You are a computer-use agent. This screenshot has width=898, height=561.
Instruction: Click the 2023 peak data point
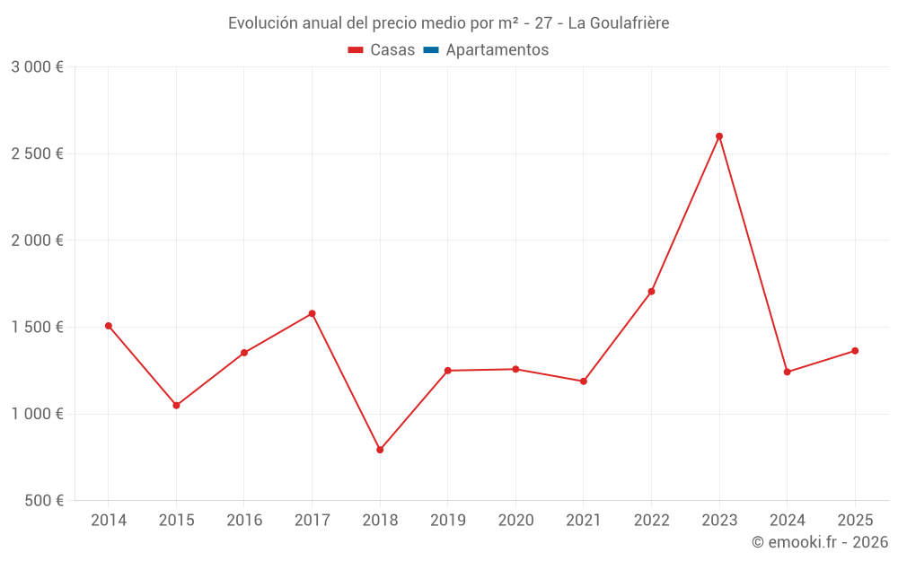[719, 136]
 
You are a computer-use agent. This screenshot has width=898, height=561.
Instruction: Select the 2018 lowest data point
[380, 450]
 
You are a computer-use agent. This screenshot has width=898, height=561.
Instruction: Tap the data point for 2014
[109, 326]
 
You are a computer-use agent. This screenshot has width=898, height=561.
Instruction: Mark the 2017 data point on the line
[312, 313]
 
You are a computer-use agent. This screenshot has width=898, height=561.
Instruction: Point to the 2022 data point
[651, 292]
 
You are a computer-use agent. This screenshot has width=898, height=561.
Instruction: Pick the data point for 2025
[855, 351]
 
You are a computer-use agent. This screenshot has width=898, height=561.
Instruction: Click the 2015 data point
[176, 406]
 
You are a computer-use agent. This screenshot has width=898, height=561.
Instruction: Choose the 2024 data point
[788, 372]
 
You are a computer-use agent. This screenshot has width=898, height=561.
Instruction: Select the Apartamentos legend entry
[497, 50]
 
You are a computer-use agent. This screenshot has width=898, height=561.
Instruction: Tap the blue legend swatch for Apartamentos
[430, 50]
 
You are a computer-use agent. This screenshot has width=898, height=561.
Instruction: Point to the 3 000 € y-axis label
[38, 67]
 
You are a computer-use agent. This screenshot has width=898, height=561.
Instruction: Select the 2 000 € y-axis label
[38, 241]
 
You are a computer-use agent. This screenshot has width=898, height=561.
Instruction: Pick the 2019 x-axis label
[448, 521]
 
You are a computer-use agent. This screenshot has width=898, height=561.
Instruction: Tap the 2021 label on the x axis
[584, 521]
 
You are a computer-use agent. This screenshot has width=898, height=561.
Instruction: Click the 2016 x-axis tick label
[244, 521]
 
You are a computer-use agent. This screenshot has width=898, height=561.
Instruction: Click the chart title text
[448, 22]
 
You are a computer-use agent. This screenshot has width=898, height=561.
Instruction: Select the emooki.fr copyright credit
[820, 542]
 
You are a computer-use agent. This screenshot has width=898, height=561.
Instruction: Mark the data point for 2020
[515, 369]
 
